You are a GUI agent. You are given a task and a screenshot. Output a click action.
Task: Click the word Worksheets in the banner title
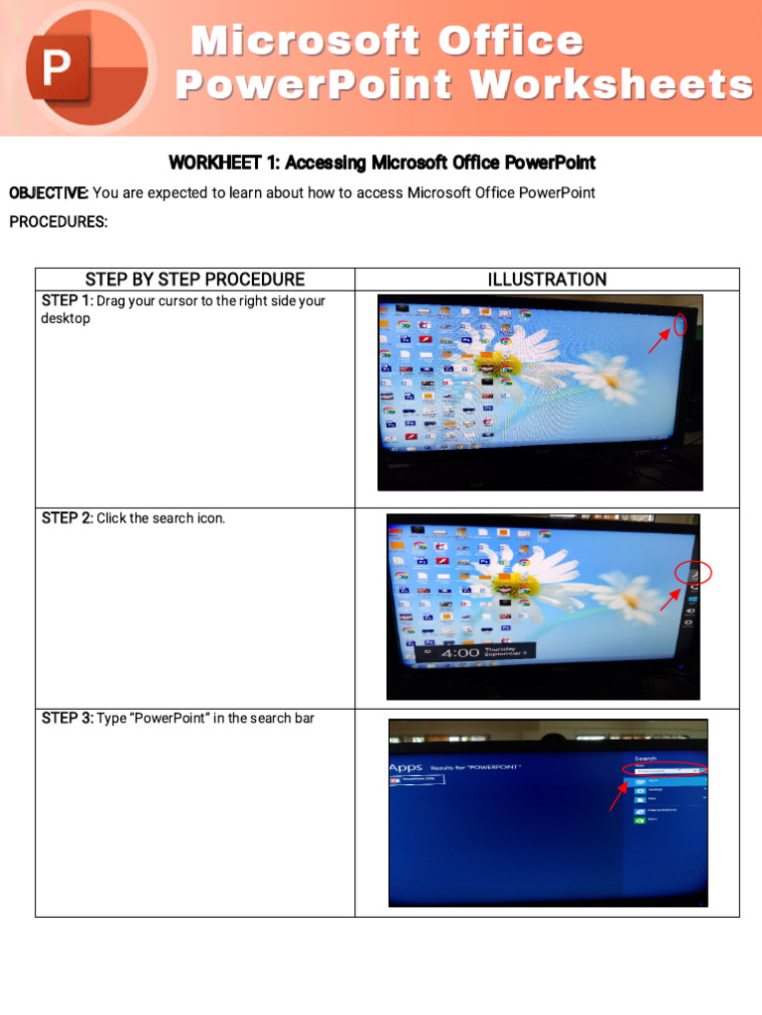click(x=611, y=85)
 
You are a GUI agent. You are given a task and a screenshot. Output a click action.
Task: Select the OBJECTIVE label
click(x=49, y=192)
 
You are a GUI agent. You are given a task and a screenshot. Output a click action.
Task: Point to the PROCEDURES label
click(x=59, y=222)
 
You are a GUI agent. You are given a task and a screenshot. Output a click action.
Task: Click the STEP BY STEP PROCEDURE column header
click(x=194, y=280)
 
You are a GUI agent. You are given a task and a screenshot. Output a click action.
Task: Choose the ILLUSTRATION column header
click(x=547, y=280)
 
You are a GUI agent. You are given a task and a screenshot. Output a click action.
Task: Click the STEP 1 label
click(x=66, y=300)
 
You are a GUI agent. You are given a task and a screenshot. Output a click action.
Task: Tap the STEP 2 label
click(x=66, y=518)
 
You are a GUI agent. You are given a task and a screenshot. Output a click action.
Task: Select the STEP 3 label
click(x=66, y=718)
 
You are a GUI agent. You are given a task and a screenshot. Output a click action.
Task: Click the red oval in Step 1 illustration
click(x=680, y=324)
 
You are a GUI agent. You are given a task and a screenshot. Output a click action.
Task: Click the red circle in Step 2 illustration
click(x=694, y=573)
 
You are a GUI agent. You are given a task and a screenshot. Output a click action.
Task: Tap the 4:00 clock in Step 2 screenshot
click(x=460, y=653)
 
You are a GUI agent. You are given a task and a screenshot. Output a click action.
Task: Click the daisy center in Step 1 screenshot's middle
click(x=488, y=364)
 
